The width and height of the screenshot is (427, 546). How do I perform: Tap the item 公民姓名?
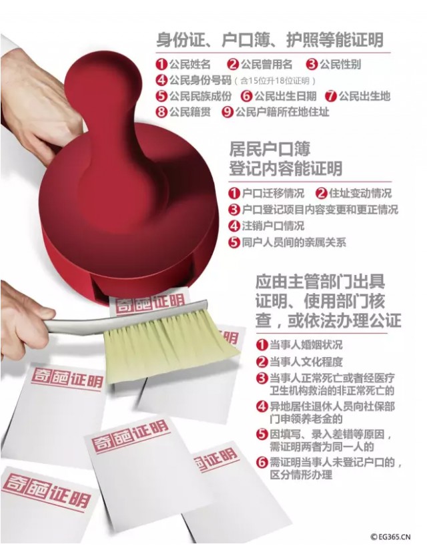point(190,65)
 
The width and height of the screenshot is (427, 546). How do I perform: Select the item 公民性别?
point(340,65)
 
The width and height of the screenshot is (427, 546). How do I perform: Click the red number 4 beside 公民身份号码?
point(162,81)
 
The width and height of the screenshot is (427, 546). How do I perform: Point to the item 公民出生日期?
point(286,96)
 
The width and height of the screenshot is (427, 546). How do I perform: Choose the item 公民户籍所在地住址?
point(282,112)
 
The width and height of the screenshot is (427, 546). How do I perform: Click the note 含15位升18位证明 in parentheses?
point(275,81)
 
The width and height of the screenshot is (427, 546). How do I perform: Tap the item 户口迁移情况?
point(273,194)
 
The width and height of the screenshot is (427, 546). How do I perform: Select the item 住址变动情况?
point(360,194)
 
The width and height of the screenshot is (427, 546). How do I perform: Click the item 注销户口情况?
point(273,226)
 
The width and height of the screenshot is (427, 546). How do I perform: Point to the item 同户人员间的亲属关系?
point(294,242)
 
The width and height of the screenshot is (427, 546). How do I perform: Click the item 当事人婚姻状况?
point(306,344)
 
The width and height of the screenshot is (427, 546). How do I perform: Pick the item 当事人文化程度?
point(306,362)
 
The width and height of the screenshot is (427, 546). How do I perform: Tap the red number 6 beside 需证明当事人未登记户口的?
point(262,463)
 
